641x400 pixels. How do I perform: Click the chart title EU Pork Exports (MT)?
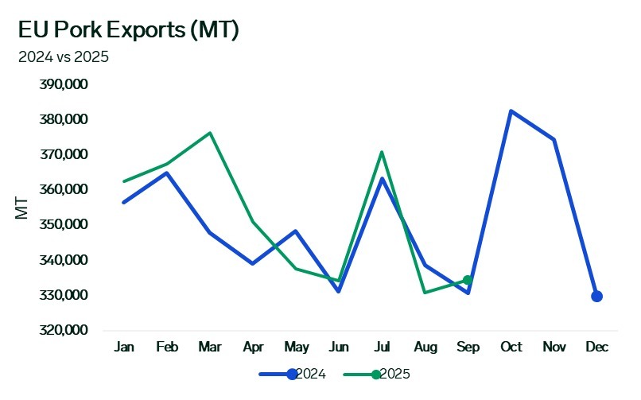[x=129, y=30]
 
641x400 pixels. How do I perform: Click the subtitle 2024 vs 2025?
[x=63, y=56]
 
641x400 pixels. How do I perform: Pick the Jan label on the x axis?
[x=123, y=348]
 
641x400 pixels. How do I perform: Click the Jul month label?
[x=382, y=348]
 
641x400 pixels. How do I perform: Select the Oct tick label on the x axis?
[x=511, y=348]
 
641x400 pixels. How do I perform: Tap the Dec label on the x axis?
[x=596, y=348]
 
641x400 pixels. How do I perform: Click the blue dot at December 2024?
[x=596, y=297]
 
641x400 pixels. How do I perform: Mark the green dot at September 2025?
[x=468, y=280]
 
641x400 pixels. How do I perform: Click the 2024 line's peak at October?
[x=511, y=111]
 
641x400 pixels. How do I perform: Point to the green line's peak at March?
[x=209, y=133]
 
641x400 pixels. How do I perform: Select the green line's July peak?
[x=382, y=152]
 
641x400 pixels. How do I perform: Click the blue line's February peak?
[x=166, y=173]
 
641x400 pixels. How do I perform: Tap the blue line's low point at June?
[x=339, y=291]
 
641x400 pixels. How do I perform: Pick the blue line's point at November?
[x=554, y=139]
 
